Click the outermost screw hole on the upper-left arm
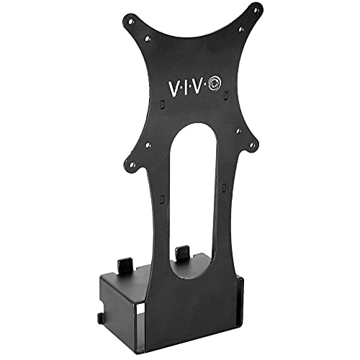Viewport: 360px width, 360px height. pos(130,20)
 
